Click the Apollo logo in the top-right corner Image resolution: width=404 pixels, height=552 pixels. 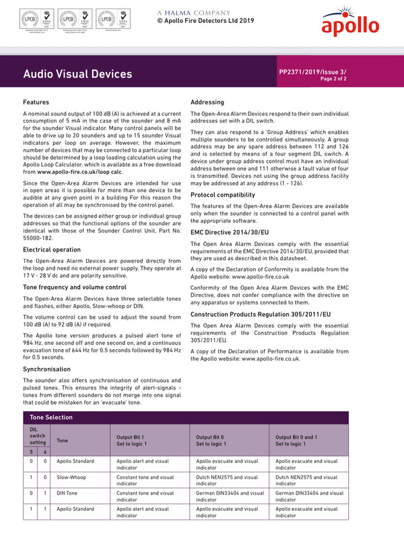point(349,22)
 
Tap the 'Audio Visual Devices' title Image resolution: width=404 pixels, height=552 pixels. point(77,73)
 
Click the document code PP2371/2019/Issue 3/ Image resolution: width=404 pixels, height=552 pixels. point(312,71)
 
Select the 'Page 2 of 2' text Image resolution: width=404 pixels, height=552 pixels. point(333,79)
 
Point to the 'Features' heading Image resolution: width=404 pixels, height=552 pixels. point(36,102)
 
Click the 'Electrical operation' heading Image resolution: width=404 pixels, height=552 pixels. point(52,249)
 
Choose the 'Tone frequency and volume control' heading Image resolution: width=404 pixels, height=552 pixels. point(74,287)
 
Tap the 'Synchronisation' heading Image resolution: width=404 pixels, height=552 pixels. point(46,369)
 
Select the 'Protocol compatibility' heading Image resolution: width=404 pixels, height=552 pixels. point(222,195)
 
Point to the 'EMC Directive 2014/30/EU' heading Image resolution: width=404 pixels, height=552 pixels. point(229,233)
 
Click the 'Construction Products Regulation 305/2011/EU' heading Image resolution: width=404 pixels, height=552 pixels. point(261,314)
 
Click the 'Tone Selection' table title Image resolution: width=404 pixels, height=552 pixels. point(51,417)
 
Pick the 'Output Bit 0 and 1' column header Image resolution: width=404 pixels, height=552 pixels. point(300,437)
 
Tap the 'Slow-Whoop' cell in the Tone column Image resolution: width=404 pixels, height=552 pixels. point(72,477)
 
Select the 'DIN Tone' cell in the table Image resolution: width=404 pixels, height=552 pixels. point(69,493)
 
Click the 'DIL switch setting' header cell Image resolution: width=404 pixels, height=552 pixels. point(38,436)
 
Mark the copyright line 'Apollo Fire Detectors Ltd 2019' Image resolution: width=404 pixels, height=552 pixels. point(205,21)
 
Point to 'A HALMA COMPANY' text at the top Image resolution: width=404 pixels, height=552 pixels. point(194,13)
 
